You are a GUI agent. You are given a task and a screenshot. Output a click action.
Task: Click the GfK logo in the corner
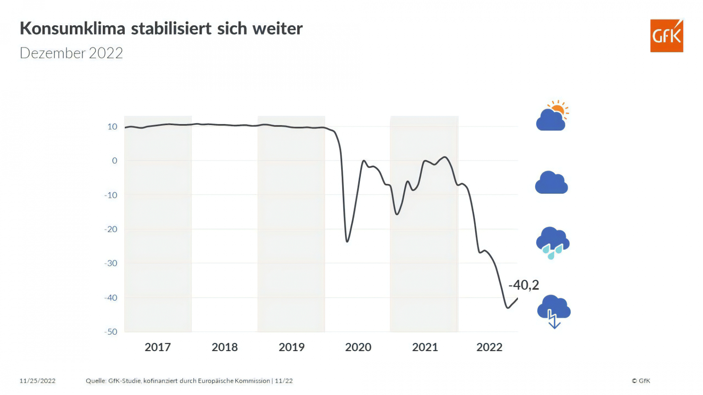pos(666,35)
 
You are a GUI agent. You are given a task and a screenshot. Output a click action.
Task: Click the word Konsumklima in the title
pos(72,29)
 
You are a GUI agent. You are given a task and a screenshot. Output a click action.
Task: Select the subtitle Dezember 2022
pos(71,53)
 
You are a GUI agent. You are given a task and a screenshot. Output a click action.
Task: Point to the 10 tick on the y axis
pos(112,127)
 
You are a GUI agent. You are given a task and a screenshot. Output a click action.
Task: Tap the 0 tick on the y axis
pos(115,161)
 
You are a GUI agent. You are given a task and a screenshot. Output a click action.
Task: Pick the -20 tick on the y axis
pos(111,229)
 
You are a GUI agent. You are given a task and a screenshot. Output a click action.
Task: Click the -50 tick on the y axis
pos(111,332)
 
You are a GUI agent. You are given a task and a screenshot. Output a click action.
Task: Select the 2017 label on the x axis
pos(157,347)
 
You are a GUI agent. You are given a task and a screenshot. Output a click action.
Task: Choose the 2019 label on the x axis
pos(291,347)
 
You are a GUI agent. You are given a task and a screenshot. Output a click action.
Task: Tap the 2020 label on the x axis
pos(358,347)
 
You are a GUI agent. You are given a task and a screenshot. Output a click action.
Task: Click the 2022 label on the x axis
pos(489,347)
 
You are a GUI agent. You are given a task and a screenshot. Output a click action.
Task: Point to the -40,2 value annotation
pos(524,285)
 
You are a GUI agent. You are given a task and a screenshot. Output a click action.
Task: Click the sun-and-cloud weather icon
pos(552,116)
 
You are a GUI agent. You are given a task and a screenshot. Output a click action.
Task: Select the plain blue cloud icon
pos(551,183)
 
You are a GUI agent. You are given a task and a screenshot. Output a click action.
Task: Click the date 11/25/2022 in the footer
pos(37,381)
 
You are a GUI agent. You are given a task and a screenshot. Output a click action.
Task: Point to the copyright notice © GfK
pos(641,381)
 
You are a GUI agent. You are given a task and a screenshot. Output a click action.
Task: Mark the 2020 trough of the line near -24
pos(347,241)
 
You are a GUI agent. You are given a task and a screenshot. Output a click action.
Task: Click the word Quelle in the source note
pos(95,381)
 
